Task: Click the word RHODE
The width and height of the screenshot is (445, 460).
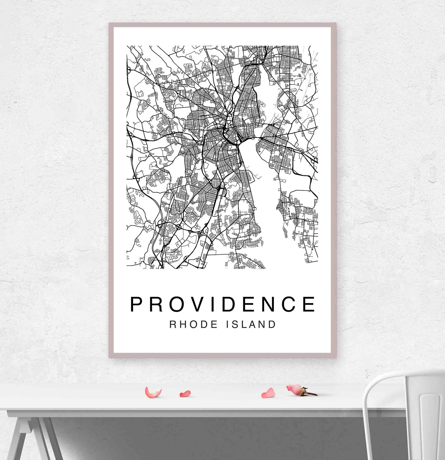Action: coord(194,324)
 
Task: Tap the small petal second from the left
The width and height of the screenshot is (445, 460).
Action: coord(185,394)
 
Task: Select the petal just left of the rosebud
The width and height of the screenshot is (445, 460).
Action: coord(268,393)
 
